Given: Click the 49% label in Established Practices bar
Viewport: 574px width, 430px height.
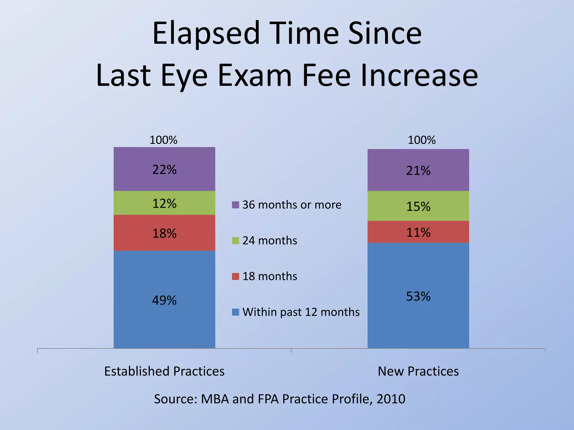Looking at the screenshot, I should (164, 300).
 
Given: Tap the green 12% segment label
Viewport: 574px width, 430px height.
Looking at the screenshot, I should (164, 204).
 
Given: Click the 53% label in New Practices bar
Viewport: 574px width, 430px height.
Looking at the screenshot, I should (418, 296).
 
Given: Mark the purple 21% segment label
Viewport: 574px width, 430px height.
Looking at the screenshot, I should (418, 171).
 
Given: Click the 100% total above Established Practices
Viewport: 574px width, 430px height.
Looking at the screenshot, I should (163, 140).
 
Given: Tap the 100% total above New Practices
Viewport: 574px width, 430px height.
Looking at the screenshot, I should (422, 140).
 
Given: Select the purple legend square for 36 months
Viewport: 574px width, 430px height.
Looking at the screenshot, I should (235, 205).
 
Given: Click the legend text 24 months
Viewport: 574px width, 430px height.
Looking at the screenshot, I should (270, 240).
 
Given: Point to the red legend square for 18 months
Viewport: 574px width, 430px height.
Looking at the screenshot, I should (235, 276).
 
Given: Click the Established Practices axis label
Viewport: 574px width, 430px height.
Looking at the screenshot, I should (164, 371).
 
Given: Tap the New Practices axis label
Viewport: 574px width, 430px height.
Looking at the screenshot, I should (418, 371).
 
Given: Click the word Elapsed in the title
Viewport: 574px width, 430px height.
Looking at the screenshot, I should (206, 34).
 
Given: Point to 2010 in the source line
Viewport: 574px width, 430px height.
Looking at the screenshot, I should (391, 399).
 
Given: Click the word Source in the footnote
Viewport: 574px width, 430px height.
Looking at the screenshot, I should (175, 399).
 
